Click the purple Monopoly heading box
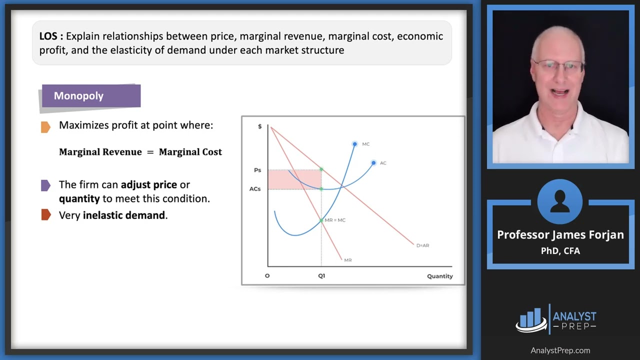pos(91,96)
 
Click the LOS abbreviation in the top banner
pos(48,36)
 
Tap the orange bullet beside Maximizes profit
pos(45,127)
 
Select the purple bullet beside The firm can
pos(45,185)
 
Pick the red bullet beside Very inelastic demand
pos(45,215)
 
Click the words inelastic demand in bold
pos(124,215)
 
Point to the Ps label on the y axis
pos(257,170)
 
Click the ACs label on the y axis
pos(255,189)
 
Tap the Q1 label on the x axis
pos(321,276)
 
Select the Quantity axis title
pos(439,276)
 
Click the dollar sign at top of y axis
pos(260,126)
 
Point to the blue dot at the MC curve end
pos(354,144)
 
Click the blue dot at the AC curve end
pos(373,163)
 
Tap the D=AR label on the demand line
pos(422,245)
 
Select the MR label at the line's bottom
pos(347,260)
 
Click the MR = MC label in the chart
pos(335,220)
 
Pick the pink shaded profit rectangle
pos(294,179)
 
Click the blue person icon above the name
pos(559,201)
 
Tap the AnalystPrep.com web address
pos(560,350)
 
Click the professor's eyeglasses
pos(558,67)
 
